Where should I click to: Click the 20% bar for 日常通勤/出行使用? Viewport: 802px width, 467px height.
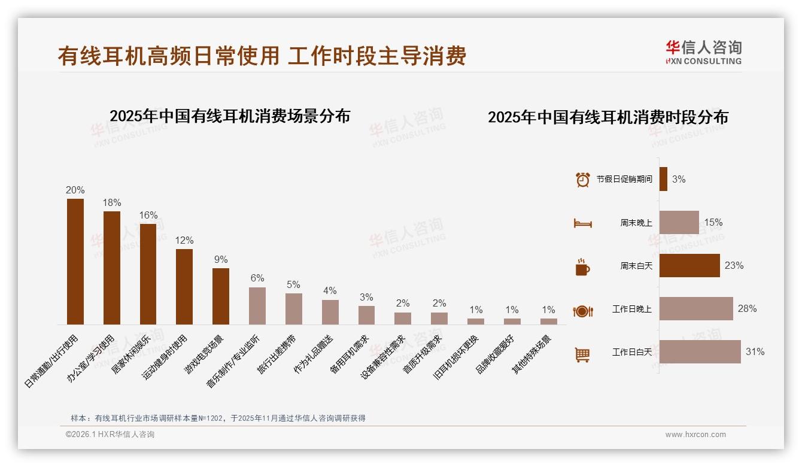75,262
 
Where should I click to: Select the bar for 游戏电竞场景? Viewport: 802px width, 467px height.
221,296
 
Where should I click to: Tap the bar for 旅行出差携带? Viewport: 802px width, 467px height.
294,309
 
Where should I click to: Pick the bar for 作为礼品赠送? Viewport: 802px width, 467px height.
330,312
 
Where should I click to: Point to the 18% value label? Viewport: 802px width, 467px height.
112,203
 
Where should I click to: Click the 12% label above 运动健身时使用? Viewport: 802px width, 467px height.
184,241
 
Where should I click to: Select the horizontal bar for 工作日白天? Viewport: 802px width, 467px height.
700,352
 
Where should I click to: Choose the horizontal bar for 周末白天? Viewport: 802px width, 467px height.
689,265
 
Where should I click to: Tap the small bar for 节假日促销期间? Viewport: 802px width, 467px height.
663,179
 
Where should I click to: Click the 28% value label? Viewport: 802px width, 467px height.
747,309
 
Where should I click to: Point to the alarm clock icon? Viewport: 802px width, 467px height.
582,180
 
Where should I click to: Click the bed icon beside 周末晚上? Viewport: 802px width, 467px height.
582,223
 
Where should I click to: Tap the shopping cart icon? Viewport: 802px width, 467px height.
582,354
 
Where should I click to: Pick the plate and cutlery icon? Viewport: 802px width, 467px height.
582,311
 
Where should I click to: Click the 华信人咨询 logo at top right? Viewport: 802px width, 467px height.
703,52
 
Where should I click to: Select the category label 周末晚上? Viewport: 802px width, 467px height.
636,223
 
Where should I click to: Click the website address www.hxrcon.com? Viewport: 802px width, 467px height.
695,435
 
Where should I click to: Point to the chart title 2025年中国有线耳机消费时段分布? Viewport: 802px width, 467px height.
607,117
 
